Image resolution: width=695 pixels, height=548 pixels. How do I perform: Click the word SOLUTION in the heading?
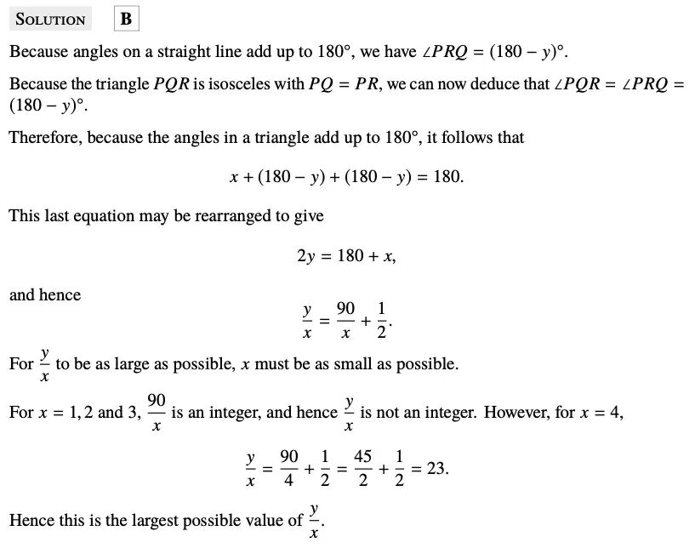[50, 20]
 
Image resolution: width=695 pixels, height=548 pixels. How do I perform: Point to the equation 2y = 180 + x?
[346, 255]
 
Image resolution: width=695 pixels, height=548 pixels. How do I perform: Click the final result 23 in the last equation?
[437, 469]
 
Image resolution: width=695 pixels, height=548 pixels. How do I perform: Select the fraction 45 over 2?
[362, 469]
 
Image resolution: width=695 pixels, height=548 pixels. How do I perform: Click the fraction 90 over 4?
[288, 469]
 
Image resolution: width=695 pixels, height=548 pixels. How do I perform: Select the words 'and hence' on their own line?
[45, 295]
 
